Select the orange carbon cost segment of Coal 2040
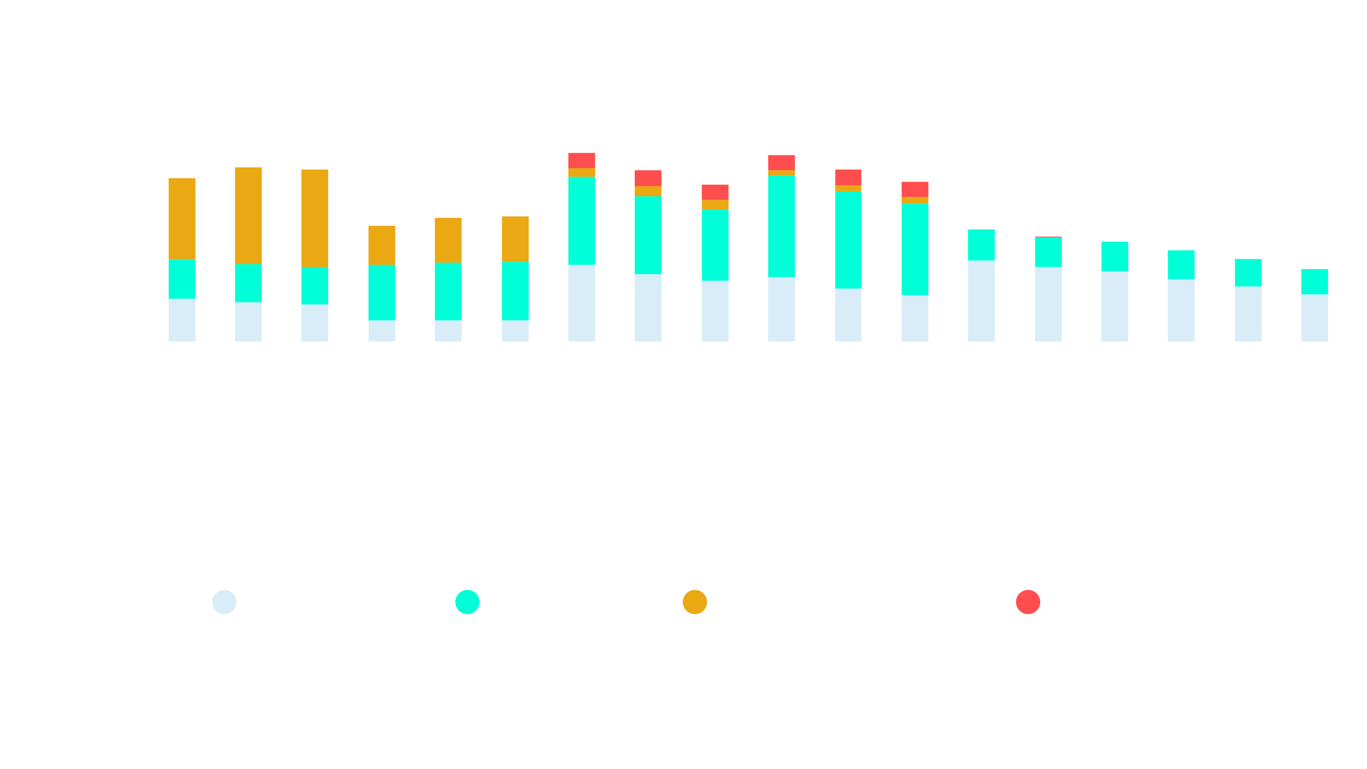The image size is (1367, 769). [x=248, y=215]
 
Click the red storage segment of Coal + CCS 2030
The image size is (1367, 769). [x=582, y=160]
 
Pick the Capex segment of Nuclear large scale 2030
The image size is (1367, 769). [x=981, y=300]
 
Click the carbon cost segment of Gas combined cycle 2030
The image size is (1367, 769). [x=382, y=245]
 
